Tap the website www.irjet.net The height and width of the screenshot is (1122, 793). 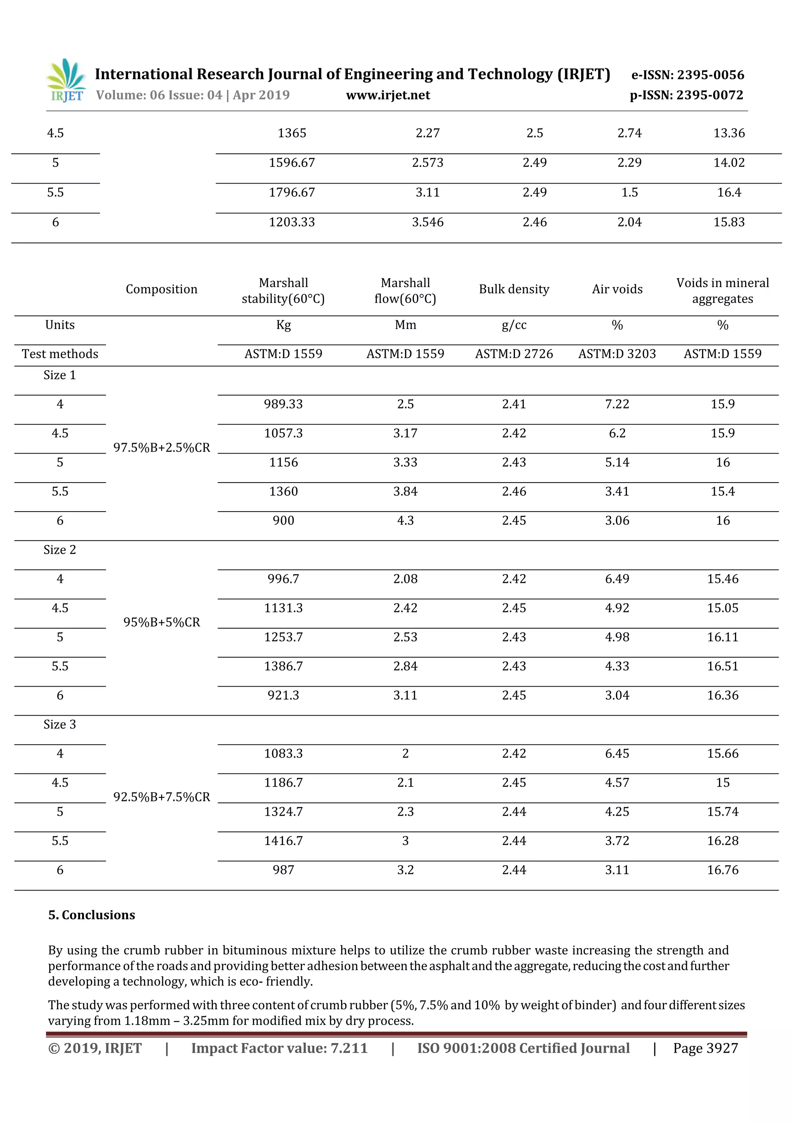coord(388,95)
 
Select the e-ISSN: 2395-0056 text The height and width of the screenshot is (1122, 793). coord(687,75)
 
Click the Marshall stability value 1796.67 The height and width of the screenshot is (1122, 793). coord(292,192)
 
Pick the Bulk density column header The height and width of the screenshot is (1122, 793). coord(514,289)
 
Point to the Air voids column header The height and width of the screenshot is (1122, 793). coord(617,289)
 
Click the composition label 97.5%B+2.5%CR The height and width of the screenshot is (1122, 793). coord(162,448)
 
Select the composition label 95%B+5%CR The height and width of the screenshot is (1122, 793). coord(162,622)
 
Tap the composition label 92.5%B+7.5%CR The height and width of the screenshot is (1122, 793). coord(162,797)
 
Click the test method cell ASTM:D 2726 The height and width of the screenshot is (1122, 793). coord(514,354)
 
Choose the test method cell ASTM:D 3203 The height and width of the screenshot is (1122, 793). coord(617,354)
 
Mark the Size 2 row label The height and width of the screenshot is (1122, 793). coord(60,550)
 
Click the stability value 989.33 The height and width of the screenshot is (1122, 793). coord(283,404)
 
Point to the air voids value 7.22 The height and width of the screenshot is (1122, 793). coord(617,404)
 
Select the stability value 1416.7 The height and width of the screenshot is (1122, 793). coord(283,841)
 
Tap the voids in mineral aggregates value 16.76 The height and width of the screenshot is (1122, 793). coord(723,870)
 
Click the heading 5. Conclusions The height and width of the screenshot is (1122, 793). coord(92,915)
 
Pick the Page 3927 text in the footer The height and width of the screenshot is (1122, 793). coord(705,1048)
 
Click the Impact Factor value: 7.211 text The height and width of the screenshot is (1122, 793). coord(279,1048)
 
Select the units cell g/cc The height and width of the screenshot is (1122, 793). coord(514,325)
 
